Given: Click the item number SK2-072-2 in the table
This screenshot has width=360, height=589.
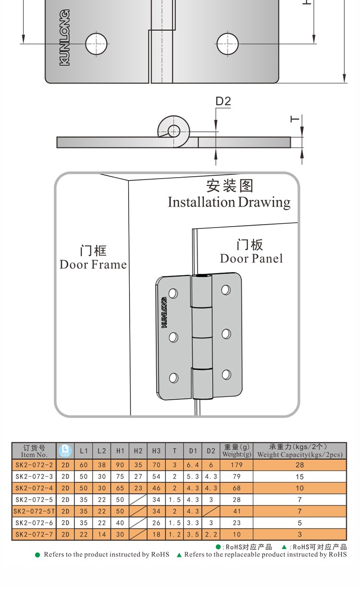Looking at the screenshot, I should click(x=34, y=465).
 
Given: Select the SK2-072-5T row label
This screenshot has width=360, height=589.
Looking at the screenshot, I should click(x=34, y=511).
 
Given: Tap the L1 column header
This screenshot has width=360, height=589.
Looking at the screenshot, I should click(x=84, y=451).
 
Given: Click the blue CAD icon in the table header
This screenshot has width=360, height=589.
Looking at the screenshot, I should click(x=65, y=451).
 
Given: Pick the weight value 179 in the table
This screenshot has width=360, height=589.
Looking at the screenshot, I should click(x=237, y=465).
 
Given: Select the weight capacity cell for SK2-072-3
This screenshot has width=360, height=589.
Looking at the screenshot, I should click(x=300, y=477).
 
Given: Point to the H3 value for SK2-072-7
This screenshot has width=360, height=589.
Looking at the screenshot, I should click(x=156, y=534).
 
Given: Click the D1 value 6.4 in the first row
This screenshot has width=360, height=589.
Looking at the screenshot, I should click(x=193, y=465).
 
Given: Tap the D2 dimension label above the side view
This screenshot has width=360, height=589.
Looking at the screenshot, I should click(x=223, y=101).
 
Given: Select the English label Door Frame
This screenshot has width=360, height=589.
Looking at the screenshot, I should click(x=93, y=264).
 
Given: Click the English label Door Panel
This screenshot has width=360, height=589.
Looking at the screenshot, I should click(x=251, y=258).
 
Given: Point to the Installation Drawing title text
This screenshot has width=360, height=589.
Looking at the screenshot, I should click(x=229, y=202).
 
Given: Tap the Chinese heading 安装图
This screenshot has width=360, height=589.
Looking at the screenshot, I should click(x=229, y=186).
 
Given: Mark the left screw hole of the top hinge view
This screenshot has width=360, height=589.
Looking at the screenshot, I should click(x=96, y=44).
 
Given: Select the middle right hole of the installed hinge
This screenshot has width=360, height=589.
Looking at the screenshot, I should click(x=226, y=333).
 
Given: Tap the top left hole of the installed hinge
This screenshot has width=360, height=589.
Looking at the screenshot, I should click(x=173, y=292).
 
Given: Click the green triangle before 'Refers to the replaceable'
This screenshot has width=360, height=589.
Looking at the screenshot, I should click(x=180, y=555).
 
